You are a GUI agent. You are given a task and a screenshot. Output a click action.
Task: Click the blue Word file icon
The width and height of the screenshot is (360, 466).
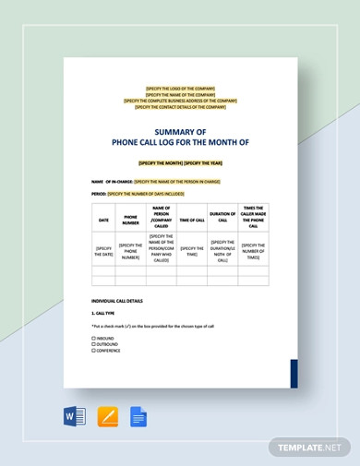75,417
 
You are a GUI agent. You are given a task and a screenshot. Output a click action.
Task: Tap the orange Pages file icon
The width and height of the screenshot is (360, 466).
108,417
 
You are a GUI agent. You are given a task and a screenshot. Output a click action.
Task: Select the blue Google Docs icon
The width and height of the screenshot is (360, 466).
138,417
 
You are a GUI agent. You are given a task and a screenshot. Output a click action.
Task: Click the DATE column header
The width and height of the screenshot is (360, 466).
103,221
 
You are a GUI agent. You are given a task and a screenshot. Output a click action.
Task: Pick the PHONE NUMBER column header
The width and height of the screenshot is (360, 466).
131,221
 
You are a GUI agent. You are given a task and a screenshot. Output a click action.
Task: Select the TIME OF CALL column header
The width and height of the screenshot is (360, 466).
192,221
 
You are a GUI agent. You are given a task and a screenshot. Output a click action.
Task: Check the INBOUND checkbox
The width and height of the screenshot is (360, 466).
93,338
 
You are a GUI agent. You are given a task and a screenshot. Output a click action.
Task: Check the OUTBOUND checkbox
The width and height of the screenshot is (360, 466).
93,344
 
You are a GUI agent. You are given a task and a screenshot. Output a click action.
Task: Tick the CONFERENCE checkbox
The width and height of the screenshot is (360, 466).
93,351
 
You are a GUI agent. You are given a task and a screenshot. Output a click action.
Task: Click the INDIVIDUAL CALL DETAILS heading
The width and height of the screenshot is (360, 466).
117,301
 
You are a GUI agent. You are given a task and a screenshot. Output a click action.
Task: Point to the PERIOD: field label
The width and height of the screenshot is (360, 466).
99,194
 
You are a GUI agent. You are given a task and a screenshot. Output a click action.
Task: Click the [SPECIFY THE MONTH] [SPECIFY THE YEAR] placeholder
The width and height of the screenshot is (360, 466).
180,163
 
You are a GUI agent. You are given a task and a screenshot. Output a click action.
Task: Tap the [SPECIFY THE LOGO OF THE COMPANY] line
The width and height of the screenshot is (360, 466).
180,89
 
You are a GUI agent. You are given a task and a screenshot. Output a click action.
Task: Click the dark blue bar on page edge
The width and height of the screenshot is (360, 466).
294,373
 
